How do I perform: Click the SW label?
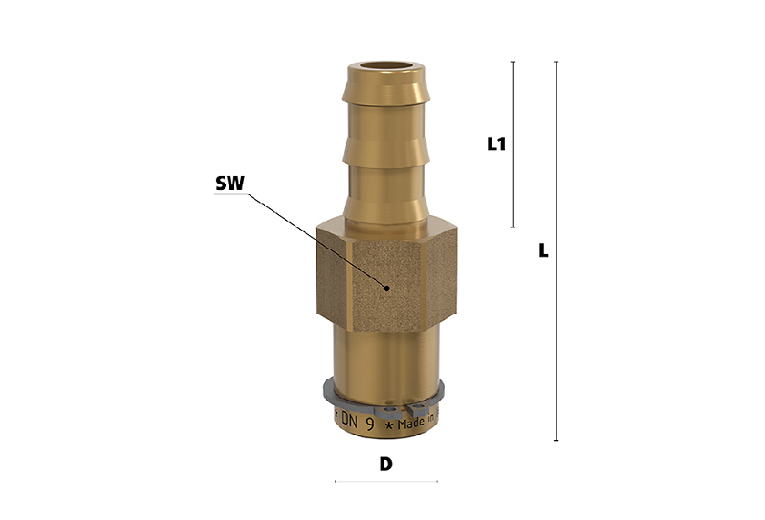coord(229,184)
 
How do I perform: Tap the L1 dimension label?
coord(496,144)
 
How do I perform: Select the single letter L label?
coord(543,250)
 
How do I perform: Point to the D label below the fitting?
coord(386,464)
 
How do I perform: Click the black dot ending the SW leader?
coord(387,288)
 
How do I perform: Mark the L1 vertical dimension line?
coord(513,144)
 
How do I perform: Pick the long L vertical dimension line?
coord(557,251)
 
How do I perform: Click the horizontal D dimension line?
coord(386,482)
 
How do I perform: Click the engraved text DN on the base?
coord(350,420)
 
